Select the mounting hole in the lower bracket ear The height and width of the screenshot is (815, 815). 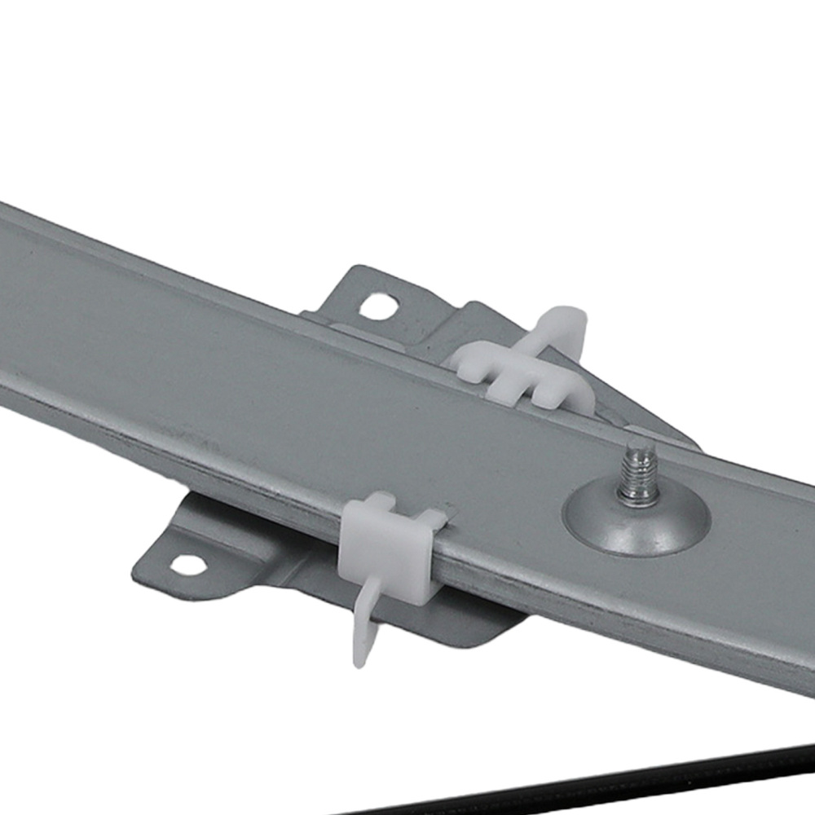(187, 564)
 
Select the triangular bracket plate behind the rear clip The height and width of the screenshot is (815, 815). (628, 407)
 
